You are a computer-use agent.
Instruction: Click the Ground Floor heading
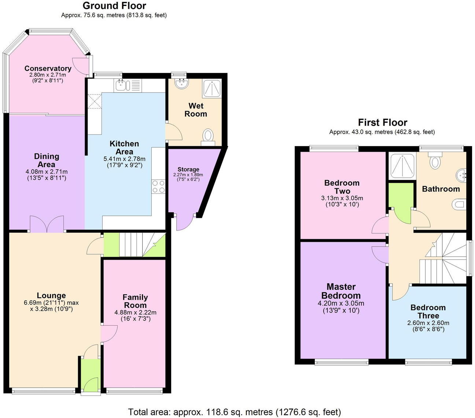(x=114, y=6)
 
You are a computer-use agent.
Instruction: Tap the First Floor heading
(x=382, y=122)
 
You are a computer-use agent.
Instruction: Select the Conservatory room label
(x=48, y=69)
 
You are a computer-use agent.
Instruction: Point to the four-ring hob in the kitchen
(x=158, y=186)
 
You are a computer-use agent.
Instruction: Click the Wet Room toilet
(x=208, y=136)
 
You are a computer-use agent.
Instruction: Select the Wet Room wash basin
(x=181, y=84)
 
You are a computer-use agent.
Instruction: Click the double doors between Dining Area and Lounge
(x=47, y=224)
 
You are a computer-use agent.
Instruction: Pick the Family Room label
(x=135, y=301)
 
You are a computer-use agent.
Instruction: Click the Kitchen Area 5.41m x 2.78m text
(x=124, y=159)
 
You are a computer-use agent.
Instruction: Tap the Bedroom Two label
(x=342, y=187)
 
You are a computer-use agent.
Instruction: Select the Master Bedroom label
(x=341, y=291)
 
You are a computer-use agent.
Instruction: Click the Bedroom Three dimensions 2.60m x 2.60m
(x=428, y=323)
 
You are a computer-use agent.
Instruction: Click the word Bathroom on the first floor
(x=441, y=189)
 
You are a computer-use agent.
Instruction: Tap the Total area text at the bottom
(x=235, y=412)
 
